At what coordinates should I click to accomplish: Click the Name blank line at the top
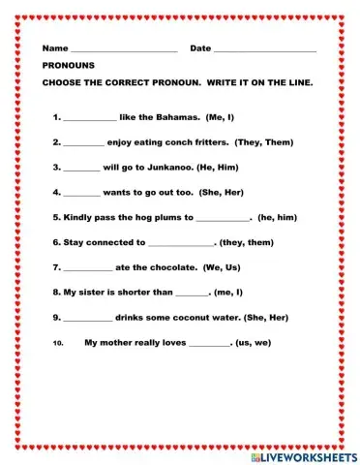click(124, 50)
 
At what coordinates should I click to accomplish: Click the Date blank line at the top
click(264, 50)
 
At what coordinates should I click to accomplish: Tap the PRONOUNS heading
click(67, 66)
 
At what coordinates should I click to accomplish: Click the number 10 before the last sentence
click(58, 343)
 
